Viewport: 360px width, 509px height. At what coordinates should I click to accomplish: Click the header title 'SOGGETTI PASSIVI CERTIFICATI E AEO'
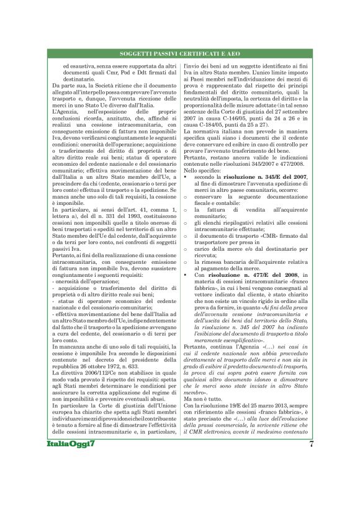[179, 55]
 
